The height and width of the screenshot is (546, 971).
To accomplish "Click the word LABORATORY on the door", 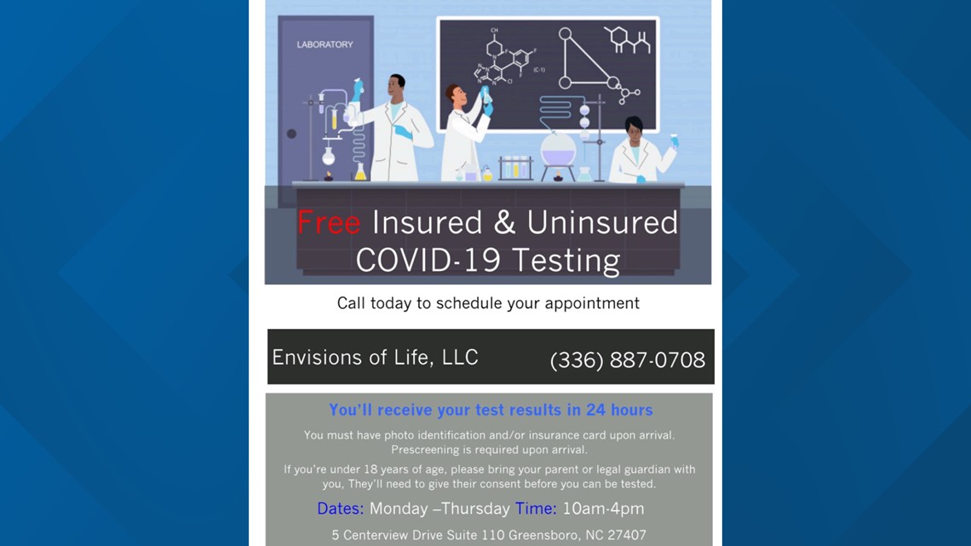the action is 325,44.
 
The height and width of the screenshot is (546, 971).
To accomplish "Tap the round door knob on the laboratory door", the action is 291,134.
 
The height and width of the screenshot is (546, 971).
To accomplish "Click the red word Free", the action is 329,222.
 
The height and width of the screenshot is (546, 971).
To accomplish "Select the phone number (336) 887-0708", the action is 627,359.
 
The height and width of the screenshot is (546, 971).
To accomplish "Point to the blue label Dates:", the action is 340,509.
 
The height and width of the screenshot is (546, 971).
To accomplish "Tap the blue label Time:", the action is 536,509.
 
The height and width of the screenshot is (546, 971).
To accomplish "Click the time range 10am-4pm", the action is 603,509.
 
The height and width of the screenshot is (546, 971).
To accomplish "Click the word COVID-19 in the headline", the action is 428,260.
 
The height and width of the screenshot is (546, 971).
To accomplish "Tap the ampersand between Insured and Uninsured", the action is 505,222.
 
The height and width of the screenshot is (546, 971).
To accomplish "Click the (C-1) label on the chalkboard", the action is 539,70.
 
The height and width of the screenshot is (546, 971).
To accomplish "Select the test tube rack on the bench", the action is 516,167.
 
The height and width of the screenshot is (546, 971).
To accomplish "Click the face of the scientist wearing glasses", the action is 633,131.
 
